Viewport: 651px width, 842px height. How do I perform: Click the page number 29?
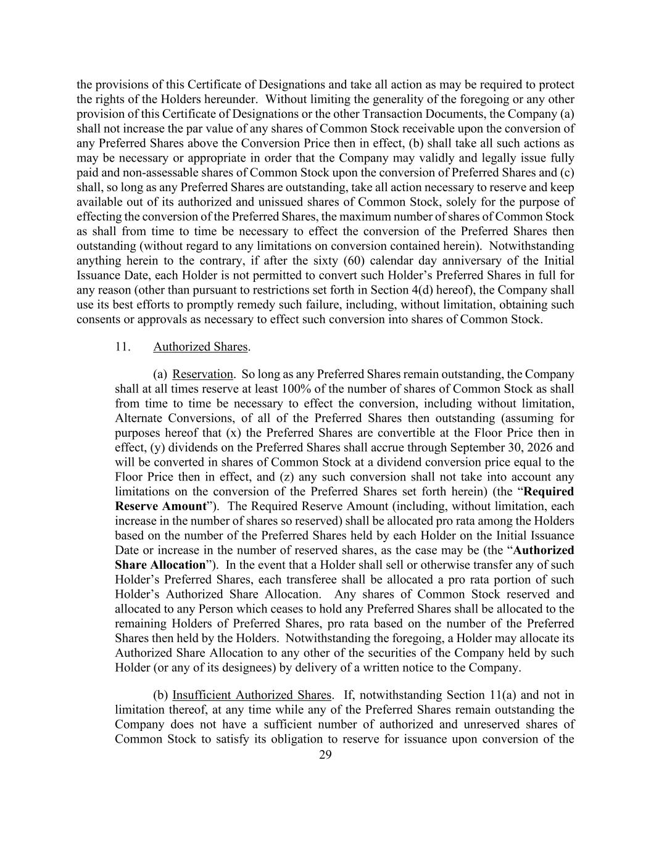(x=325, y=755)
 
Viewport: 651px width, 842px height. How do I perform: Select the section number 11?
(x=122, y=347)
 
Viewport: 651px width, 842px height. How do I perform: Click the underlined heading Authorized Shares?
(x=200, y=347)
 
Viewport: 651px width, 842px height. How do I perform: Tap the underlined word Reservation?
(x=202, y=374)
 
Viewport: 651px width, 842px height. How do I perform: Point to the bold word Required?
(x=549, y=492)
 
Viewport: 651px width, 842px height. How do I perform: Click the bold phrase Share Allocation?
(x=160, y=565)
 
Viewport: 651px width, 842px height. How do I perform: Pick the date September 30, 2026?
(x=504, y=448)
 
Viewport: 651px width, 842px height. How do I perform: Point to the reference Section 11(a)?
(x=492, y=695)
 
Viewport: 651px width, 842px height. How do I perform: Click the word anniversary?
(x=481, y=261)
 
